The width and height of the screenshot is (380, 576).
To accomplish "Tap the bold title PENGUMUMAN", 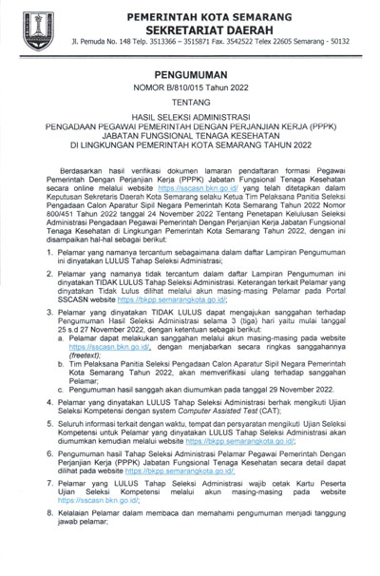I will [x=189, y=83].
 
